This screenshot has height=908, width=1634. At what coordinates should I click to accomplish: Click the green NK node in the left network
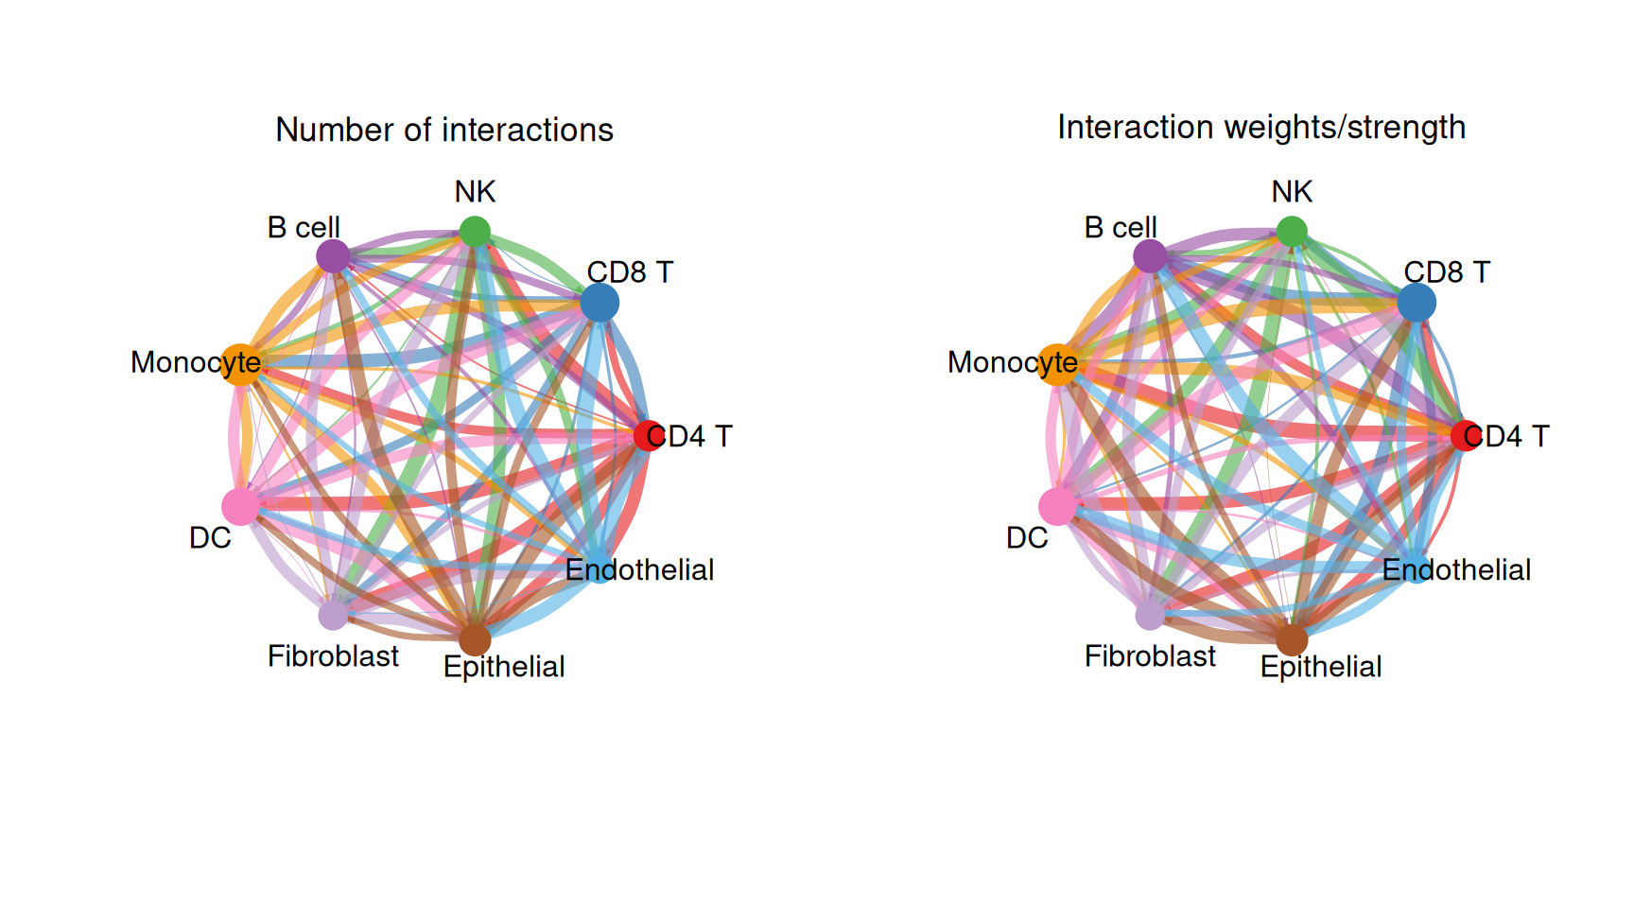point(475,231)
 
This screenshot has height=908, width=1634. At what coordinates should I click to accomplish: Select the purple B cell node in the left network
point(333,255)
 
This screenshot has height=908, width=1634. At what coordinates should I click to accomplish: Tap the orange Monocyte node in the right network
point(1058,364)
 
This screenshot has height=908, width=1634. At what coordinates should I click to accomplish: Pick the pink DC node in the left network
point(240,506)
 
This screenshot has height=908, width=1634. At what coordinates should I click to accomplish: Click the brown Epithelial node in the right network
point(1292,639)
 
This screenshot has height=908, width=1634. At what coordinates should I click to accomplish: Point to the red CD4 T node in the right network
point(1465,435)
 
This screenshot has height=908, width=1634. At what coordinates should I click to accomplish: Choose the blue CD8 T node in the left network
point(600,303)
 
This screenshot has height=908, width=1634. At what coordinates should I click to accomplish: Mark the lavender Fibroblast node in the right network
point(1150,615)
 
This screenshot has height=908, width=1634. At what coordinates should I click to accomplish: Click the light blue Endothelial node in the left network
point(600,567)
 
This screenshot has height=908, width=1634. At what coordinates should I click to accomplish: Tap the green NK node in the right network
point(1292,231)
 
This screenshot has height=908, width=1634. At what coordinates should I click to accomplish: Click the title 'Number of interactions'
point(444,130)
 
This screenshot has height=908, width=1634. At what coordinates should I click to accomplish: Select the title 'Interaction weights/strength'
point(1261,127)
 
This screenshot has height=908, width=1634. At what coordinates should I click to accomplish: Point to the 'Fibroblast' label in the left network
point(333,655)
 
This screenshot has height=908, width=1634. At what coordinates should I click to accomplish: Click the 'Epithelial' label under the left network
point(504,666)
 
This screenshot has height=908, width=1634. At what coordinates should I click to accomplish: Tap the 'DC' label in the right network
point(1027,537)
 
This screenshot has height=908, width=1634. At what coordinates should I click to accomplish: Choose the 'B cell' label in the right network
point(1121,227)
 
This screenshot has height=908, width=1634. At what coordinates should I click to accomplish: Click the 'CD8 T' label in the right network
point(1447,271)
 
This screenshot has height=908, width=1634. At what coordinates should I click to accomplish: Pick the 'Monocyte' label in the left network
point(196,362)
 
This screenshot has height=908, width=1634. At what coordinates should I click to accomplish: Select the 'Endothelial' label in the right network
point(1456,569)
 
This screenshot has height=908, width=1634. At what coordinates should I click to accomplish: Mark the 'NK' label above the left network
point(475,191)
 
